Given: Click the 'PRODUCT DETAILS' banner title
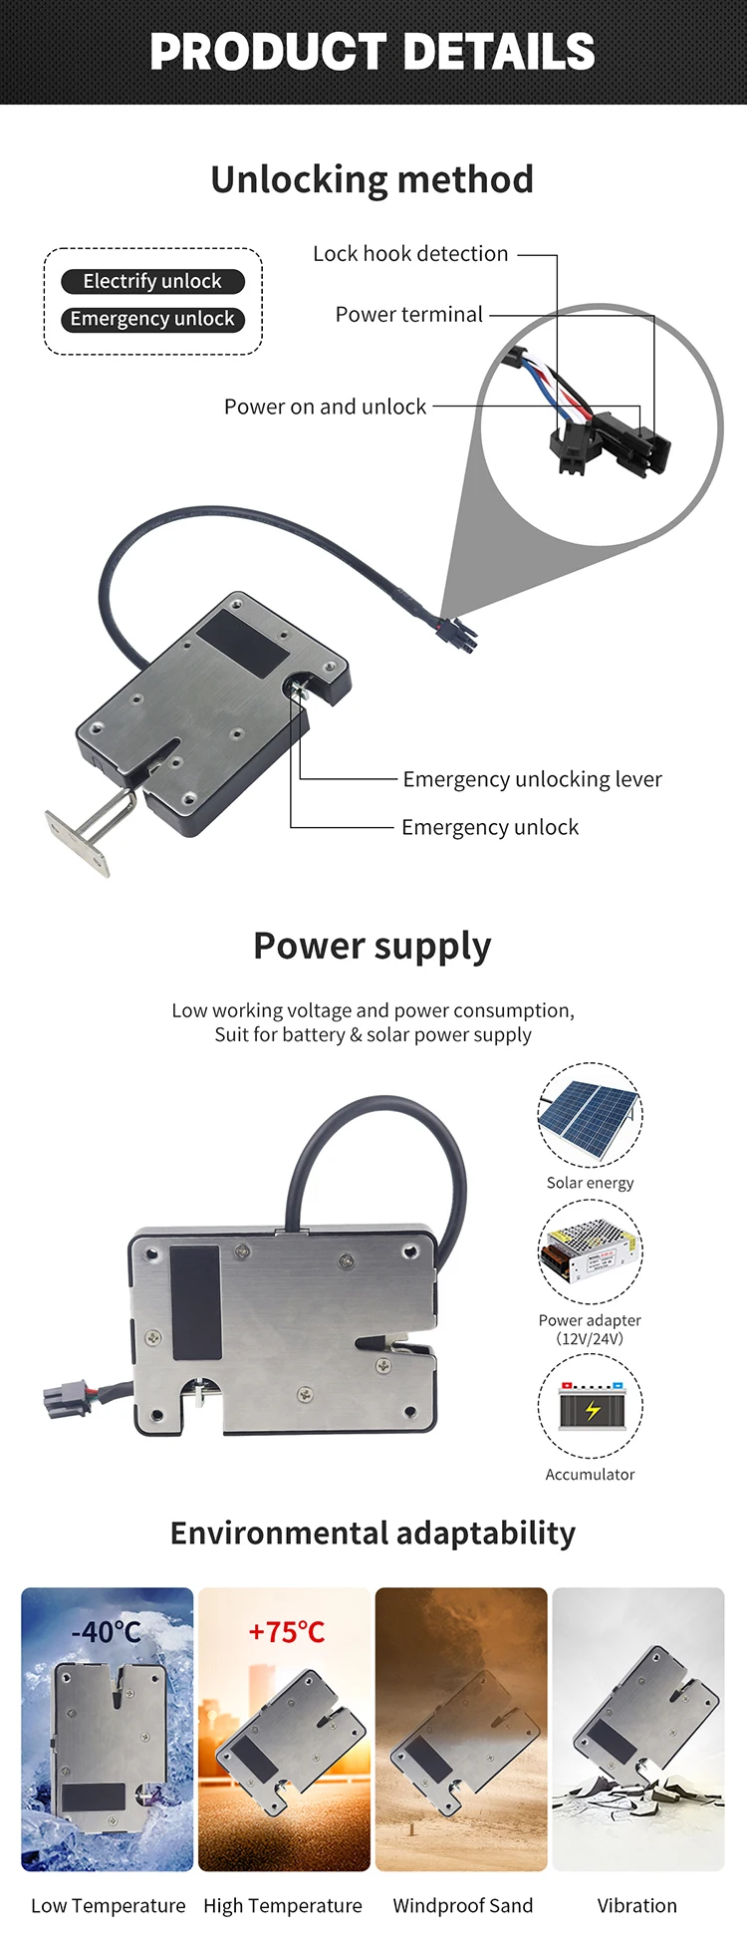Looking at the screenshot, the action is (x=373, y=52).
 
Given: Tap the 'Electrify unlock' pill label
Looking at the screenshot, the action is (x=152, y=281).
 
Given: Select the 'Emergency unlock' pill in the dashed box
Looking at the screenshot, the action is (x=152, y=319).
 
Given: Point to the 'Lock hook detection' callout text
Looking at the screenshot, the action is (x=410, y=254).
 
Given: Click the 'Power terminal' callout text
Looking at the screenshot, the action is (x=408, y=315).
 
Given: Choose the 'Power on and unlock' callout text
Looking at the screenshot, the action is (x=325, y=407).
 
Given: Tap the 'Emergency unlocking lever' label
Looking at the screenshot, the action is (x=532, y=779).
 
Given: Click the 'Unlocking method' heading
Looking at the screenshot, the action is (x=373, y=180).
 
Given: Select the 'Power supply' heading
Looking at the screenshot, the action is (x=373, y=946).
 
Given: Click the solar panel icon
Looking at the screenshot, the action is (x=590, y=1114).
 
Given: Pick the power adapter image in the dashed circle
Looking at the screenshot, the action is (x=590, y=1251).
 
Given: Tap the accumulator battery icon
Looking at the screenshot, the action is (x=590, y=1407).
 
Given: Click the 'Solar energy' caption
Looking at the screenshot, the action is (x=590, y=1183).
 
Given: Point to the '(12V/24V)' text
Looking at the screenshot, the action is (x=590, y=1338).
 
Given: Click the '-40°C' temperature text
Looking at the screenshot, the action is (x=107, y=1632).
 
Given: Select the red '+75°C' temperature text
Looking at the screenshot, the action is (x=286, y=1632).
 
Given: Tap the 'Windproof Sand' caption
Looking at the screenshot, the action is (x=463, y=1905).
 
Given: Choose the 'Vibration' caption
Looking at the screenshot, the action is (x=636, y=1905).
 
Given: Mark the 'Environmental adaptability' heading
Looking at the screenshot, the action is (x=373, y=1532).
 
